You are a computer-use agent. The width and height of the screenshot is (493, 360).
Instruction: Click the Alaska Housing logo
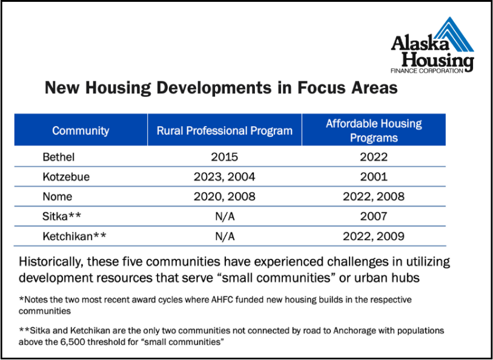click(x=432, y=45)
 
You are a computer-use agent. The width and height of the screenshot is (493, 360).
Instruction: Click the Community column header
click(x=81, y=130)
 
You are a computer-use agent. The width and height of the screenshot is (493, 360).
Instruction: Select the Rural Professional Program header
click(x=225, y=130)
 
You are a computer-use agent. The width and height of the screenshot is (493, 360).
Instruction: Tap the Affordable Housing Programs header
click(x=374, y=130)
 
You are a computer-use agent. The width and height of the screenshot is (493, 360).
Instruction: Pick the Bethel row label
click(x=59, y=157)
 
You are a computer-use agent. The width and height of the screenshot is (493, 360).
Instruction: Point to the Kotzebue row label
click(x=66, y=176)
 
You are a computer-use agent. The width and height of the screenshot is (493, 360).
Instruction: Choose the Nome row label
click(x=57, y=196)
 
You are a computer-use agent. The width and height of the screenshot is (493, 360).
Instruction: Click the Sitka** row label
click(x=62, y=216)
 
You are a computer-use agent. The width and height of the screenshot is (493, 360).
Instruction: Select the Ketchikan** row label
click(x=74, y=236)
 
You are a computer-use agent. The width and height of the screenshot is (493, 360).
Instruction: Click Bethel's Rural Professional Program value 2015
click(x=225, y=157)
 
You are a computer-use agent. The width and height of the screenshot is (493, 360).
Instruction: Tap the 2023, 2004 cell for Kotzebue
click(x=225, y=176)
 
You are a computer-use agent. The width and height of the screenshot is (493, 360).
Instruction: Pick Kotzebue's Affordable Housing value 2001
click(x=374, y=176)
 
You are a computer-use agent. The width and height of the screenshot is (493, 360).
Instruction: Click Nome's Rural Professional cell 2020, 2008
click(x=225, y=196)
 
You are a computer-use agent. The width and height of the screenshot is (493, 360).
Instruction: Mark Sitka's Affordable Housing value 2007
click(x=374, y=216)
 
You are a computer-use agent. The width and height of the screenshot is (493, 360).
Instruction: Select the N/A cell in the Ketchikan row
click(x=225, y=236)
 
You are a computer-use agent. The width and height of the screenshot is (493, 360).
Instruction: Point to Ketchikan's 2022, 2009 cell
click(x=374, y=236)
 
